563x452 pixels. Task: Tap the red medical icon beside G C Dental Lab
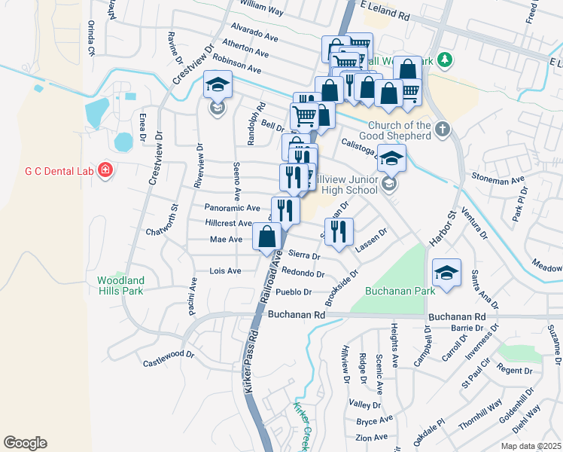click(106, 171)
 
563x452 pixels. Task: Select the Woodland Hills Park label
click(120, 286)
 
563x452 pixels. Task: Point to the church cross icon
click(442, 129)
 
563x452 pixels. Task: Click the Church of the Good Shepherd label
click(400, 130)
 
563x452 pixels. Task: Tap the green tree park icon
click(445, 59)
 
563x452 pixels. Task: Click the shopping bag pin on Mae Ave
click(267, 237)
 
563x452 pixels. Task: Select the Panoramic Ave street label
click(232, 208)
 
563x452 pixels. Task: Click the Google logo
click(25, 443)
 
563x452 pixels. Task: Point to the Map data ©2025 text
click(531, 446)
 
